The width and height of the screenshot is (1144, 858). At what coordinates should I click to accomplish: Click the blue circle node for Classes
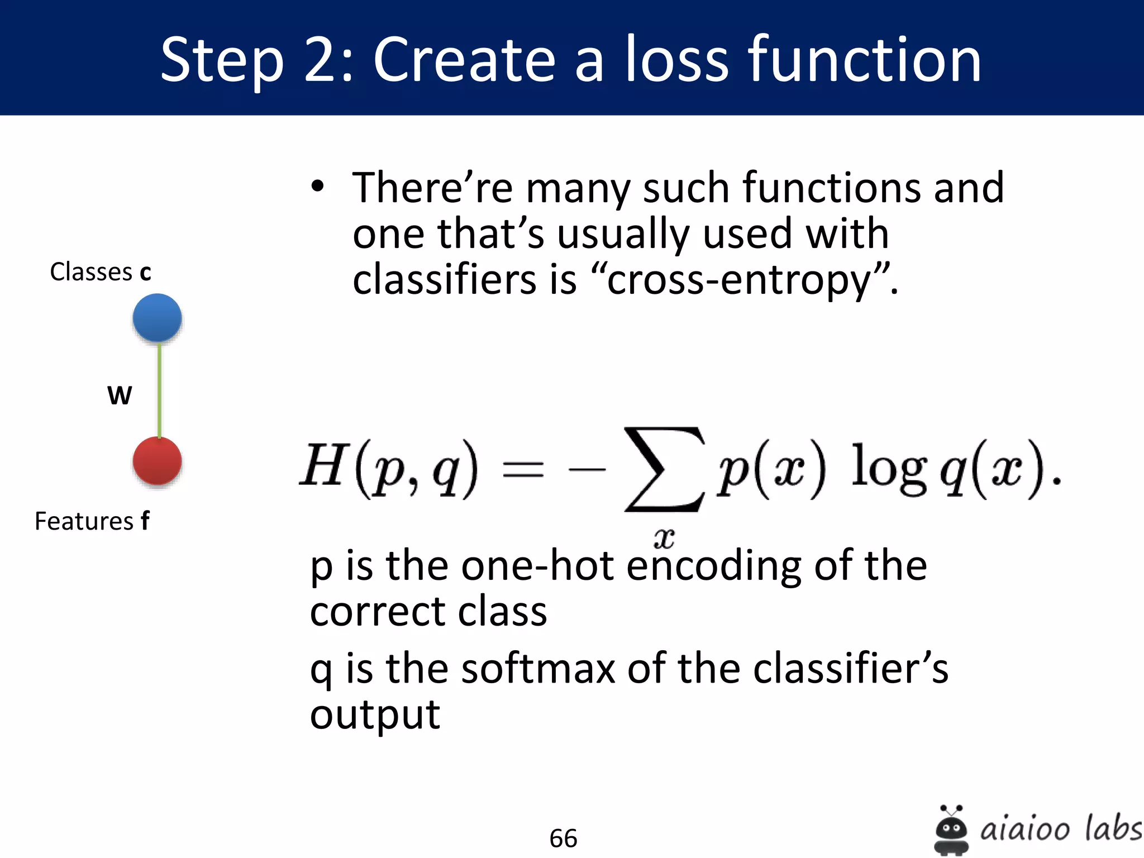(157, 317)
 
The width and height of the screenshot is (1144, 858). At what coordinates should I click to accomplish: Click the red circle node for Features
(157, 461)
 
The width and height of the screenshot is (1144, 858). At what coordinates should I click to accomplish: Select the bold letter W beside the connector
(120, 395)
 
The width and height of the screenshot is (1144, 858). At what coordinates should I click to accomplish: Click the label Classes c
(101, 272)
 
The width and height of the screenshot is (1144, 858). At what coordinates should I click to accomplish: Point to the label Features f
(92, 521)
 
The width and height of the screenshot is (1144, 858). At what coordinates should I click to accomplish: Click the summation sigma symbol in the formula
(664, 469)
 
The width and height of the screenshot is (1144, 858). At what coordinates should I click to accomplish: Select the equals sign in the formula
(523, 469)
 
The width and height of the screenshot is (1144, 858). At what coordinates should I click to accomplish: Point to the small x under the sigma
(664, 538)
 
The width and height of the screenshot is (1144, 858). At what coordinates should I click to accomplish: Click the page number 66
(563, 838)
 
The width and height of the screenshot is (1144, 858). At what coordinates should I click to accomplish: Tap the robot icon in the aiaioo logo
(951, 830)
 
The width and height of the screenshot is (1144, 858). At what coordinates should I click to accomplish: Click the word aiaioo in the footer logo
(1025, 828)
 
